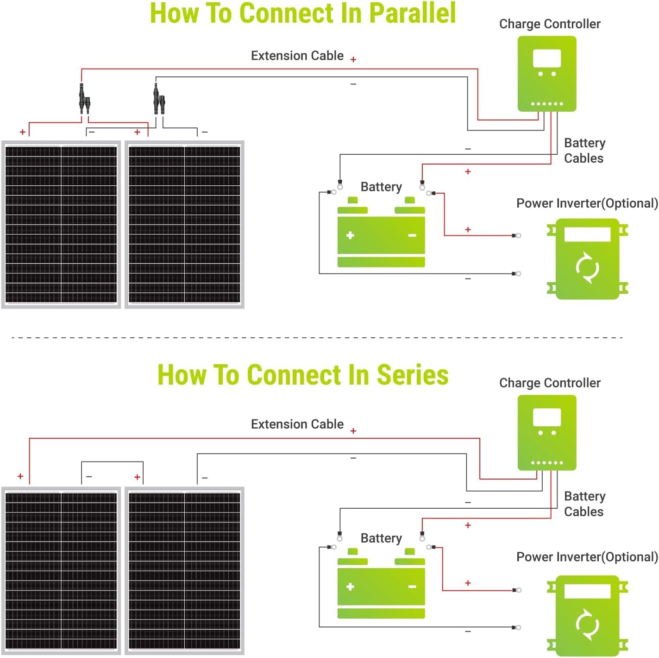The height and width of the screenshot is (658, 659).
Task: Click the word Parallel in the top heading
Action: pos(413,13)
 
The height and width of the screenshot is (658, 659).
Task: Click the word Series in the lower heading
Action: pos(413,374)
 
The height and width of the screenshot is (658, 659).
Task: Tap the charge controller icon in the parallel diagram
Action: pos(546,74)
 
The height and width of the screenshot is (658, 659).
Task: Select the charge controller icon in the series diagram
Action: pos(546,432)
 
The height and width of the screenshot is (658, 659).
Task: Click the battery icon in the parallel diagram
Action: pos(381,232)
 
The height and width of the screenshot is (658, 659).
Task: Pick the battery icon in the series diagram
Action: pos(381,583)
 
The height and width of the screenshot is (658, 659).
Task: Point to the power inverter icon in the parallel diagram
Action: pos(587,259)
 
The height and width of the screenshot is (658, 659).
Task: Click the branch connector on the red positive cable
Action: pos(84,99)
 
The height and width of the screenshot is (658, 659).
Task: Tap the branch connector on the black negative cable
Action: pos(159,99)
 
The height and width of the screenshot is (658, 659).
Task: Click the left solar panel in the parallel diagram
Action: pos(61,224)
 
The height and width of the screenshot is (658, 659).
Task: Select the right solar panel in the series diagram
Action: pos(184,570)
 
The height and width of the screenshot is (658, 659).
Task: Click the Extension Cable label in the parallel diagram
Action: pos(297,56)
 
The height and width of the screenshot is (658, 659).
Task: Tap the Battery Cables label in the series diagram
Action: pos(584,504)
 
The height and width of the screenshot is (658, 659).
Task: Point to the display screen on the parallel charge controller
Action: pos(547,58)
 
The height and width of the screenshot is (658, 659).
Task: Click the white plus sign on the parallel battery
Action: pos(350,235)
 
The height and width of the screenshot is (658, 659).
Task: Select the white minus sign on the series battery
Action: pos(412,587)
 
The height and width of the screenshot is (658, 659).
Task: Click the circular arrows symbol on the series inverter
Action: pos(587,625)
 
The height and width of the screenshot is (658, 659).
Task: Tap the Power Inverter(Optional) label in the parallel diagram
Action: pos(587,203)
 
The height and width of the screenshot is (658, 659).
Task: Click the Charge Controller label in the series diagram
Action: pos(550,383)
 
